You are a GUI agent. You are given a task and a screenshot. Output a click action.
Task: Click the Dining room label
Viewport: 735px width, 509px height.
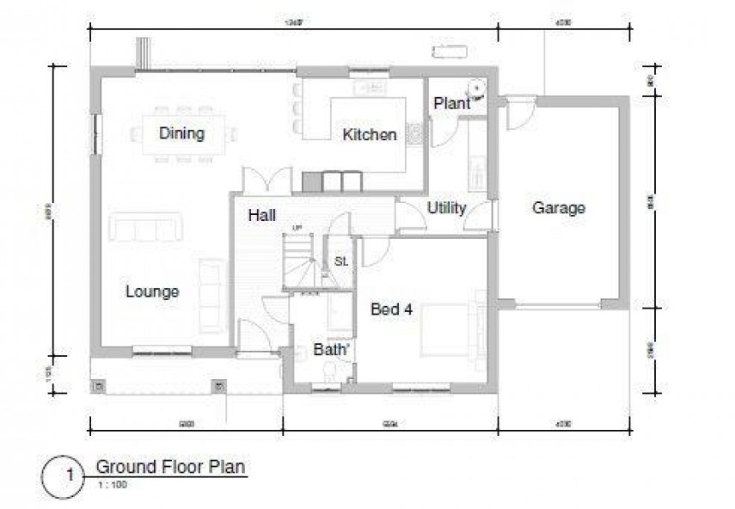181,133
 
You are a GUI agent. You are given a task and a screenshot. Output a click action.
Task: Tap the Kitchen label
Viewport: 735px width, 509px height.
370,134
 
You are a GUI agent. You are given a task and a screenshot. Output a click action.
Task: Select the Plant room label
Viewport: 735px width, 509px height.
450,104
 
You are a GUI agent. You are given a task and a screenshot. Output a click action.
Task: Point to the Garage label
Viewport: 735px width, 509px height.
559,207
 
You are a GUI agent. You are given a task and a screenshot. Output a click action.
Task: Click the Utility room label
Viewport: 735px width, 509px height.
446,208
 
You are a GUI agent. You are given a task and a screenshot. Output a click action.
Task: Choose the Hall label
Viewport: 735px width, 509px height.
261,215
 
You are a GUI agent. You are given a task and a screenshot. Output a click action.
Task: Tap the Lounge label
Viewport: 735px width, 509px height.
152,291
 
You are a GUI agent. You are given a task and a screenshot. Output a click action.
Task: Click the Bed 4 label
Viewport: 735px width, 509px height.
391,310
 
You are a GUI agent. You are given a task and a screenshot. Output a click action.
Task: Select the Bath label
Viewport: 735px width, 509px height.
331,350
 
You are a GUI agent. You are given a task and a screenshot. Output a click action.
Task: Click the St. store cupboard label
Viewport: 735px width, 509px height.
340,261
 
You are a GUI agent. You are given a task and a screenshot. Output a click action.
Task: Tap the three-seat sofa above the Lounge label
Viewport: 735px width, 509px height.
146,230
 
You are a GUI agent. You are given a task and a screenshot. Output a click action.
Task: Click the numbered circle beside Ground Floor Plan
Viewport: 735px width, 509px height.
63,475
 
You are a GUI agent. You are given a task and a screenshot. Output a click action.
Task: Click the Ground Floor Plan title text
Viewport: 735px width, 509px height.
170,467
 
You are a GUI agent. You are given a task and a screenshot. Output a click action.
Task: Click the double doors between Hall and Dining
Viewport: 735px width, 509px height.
263,181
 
